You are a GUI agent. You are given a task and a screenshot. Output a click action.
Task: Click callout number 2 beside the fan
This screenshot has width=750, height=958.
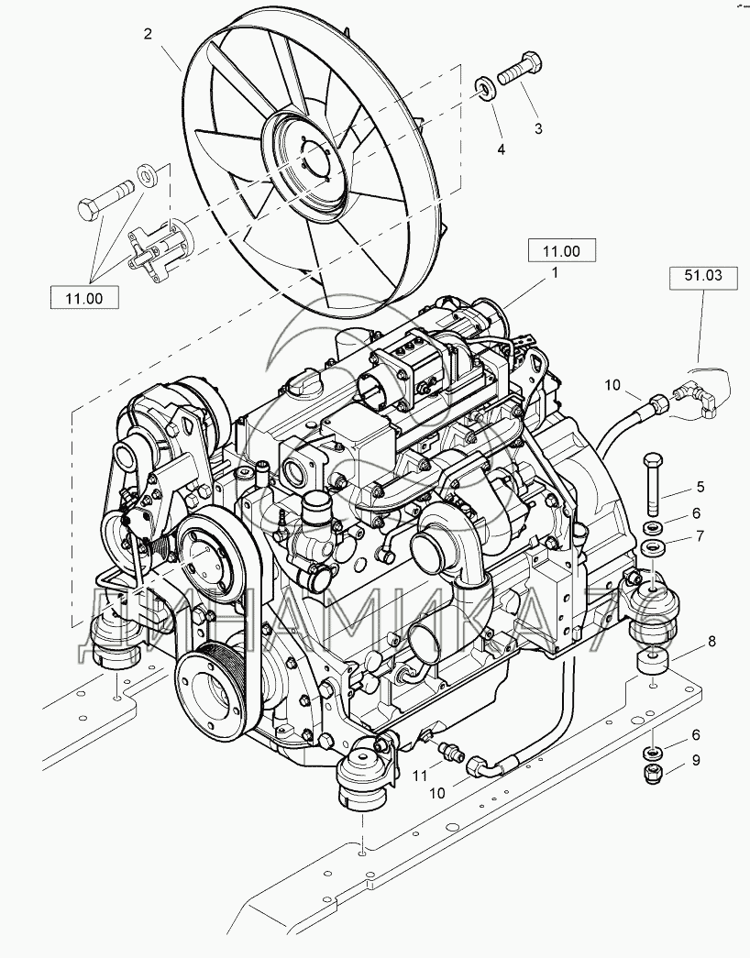(x=147, y=35)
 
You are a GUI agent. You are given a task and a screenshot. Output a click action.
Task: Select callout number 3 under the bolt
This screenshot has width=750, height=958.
(x=538, y=129)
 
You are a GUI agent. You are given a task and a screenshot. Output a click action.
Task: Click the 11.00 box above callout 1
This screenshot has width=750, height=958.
(x=561, y=249)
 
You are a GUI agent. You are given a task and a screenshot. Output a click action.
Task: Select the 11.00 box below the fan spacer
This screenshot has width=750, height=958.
(x=83, y=299)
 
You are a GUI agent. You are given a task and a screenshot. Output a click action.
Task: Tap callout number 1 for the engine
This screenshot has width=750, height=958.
(x=554, y=273)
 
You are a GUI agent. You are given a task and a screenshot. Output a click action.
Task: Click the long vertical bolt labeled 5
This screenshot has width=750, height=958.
(x=652, y=484)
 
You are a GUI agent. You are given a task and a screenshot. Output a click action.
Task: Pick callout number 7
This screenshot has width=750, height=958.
(x=698, y=535)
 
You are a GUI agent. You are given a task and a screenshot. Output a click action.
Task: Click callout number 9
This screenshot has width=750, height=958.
(x=697, y=760)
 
